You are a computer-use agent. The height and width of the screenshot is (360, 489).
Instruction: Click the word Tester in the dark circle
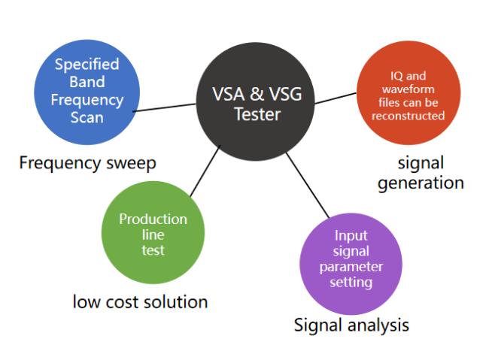click(257, 114)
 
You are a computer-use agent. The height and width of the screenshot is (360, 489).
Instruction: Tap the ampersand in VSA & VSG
click(257, 94)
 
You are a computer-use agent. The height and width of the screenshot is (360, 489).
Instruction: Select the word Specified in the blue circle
click(87, 65)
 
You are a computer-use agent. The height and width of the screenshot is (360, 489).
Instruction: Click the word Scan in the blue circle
click(87, 117)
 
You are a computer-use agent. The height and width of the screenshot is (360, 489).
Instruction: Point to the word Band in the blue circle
click(87, 82)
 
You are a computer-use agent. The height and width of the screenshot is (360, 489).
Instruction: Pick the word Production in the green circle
click(153, 219)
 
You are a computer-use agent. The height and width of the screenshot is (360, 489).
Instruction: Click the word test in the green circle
click(153, 250)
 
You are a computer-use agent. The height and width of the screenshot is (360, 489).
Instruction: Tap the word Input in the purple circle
click(351, 236)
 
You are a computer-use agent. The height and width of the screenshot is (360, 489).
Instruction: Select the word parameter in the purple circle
click(351, 268)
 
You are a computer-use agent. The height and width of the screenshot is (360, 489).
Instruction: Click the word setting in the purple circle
click(351, 283)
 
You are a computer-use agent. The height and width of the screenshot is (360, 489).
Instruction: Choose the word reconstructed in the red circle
click(408, 116)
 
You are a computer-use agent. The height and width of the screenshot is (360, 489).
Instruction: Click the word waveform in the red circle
click(409, 89)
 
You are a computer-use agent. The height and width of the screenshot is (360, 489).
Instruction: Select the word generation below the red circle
click(421, 183)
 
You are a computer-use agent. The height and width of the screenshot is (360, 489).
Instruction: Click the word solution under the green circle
click(176, 301)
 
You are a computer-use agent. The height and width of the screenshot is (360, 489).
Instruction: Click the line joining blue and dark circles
click(164, 107)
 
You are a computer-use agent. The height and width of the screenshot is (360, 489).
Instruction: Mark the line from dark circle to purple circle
click(308, 186)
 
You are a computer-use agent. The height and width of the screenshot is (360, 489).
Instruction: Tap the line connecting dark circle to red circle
click(336, 98)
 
